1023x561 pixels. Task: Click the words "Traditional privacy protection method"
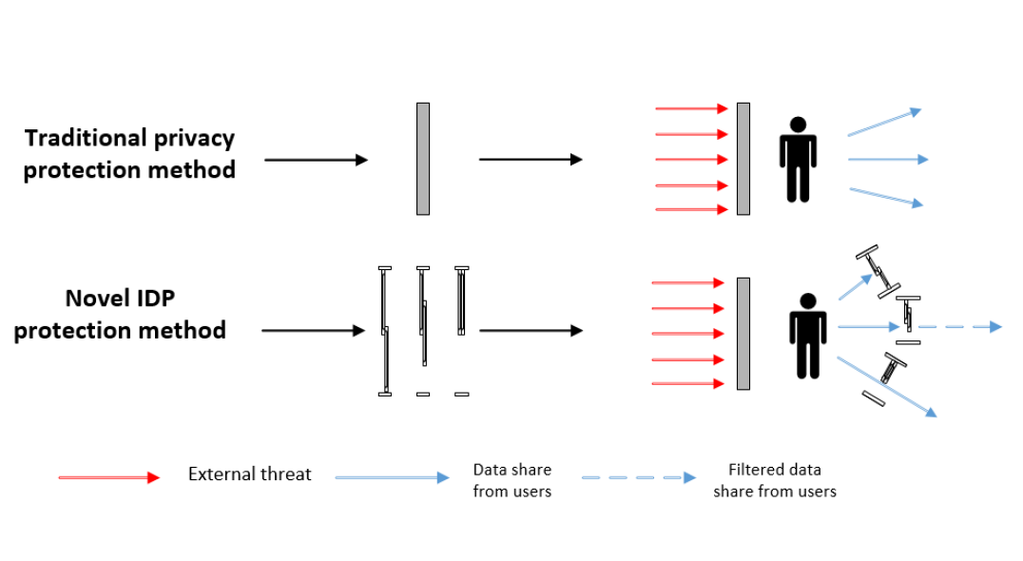[x=129, y=154]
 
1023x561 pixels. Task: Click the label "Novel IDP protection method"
[x=120, y=315]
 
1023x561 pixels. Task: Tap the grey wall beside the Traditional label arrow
[x=422, y=159]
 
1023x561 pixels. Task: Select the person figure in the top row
[x=798, y=160]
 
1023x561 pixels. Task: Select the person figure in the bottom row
[x=807, y=336]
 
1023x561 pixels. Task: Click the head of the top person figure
[x=798, y=124]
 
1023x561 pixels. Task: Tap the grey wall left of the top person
[x=743, y=159]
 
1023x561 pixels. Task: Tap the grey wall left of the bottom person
[x=743, y=333]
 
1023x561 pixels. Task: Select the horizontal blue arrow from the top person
[x=887, y=160]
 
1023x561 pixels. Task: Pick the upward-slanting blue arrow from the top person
[x=884, y=122]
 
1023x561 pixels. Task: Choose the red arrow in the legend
[x=109, y=477]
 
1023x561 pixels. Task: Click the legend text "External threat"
[x=249, y=474]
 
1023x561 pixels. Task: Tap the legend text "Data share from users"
[x=511, y=480]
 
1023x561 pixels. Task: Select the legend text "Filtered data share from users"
[x=774, y=480]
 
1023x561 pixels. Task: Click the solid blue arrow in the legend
[x=392, y=477]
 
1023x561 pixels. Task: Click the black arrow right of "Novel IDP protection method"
[x=313, y=331]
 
